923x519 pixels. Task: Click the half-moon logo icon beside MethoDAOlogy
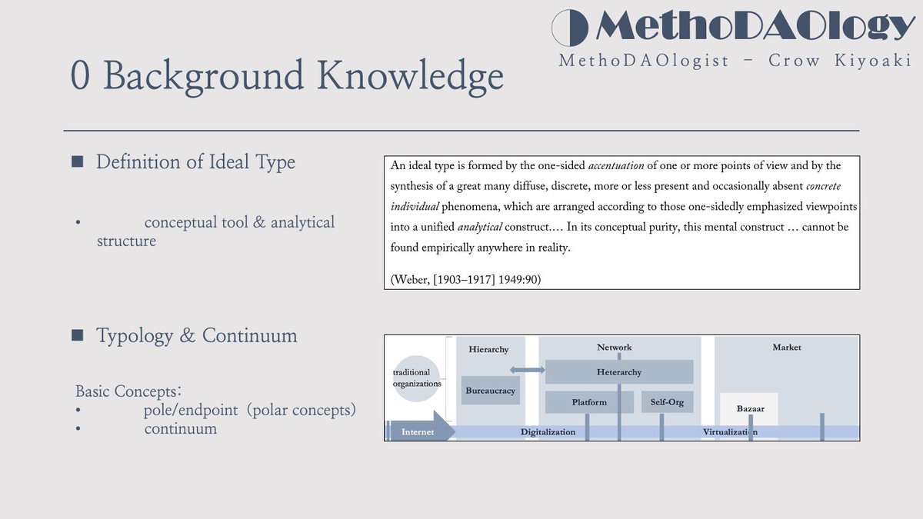point(571,28)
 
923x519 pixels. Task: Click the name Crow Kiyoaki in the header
point(841,60)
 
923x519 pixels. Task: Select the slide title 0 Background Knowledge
point(287,76)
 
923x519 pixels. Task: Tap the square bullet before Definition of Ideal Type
point(77,162)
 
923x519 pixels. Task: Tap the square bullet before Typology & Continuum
point(77,336)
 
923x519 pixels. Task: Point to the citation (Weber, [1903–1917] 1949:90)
point(466,280)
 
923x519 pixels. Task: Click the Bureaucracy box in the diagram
point(490,391)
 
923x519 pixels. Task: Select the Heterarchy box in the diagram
point(619,372)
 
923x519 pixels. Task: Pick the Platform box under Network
point(589,402)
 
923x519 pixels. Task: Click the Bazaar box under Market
point(750,408)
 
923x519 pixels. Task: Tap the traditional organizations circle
point(417,378)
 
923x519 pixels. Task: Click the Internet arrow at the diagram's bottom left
point(419,431)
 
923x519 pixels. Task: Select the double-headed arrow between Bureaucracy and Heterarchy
point(527,371)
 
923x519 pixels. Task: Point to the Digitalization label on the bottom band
point(548,432)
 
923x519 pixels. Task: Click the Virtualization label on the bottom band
point(730,432)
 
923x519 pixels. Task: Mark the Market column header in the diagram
point(787,348)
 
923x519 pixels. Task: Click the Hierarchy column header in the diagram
point(488,350)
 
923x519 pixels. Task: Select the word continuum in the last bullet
point(180,429)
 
